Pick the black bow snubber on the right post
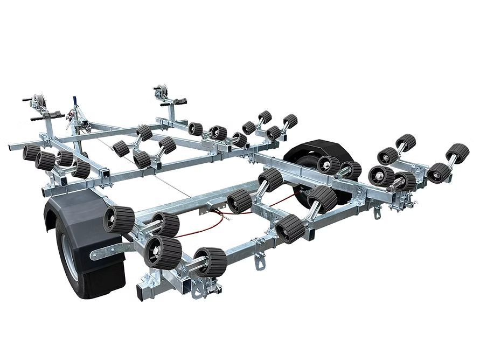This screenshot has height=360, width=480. pos(178,102)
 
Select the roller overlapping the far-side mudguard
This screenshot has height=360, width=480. pos(327,164)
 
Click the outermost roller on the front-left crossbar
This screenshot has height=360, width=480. pos(31,152)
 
